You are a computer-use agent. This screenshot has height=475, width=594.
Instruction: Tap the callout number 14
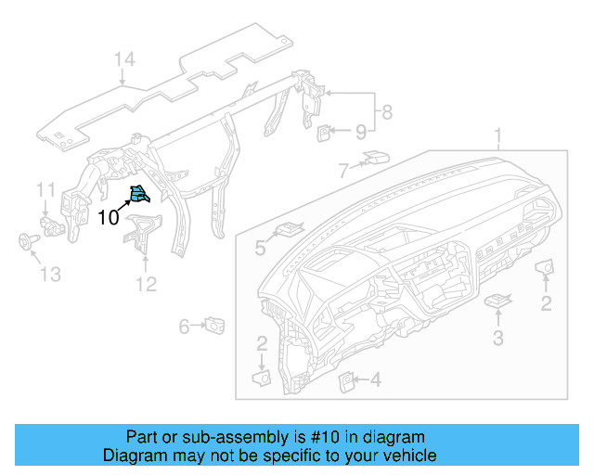click(124, 60)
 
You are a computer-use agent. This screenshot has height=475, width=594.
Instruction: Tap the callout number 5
click(261, 249)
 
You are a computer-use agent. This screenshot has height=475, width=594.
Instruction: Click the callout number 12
click(147, 285)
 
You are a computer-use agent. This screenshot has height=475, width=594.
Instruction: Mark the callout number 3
click(497, 339)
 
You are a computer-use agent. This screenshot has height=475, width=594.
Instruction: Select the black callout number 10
click(108, 218)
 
